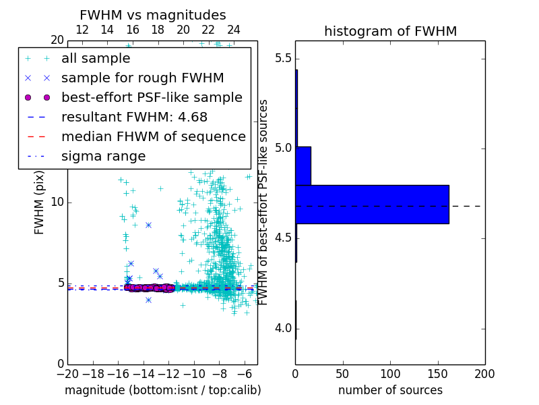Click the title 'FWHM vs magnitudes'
tap(153, 15)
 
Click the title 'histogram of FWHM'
tap(390, 31)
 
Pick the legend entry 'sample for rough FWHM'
tap(142, 78)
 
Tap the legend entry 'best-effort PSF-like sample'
tap(152, 97)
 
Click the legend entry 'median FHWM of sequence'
tap(153, 136)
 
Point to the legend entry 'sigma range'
tap(103, 156)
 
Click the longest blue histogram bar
tap(372, 204)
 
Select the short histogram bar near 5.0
tap(303, 165)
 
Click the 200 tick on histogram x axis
tap(484, 373)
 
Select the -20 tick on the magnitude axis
tap(67, 373)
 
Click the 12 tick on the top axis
tap(82, 30)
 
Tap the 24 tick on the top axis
tap(234, 30)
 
